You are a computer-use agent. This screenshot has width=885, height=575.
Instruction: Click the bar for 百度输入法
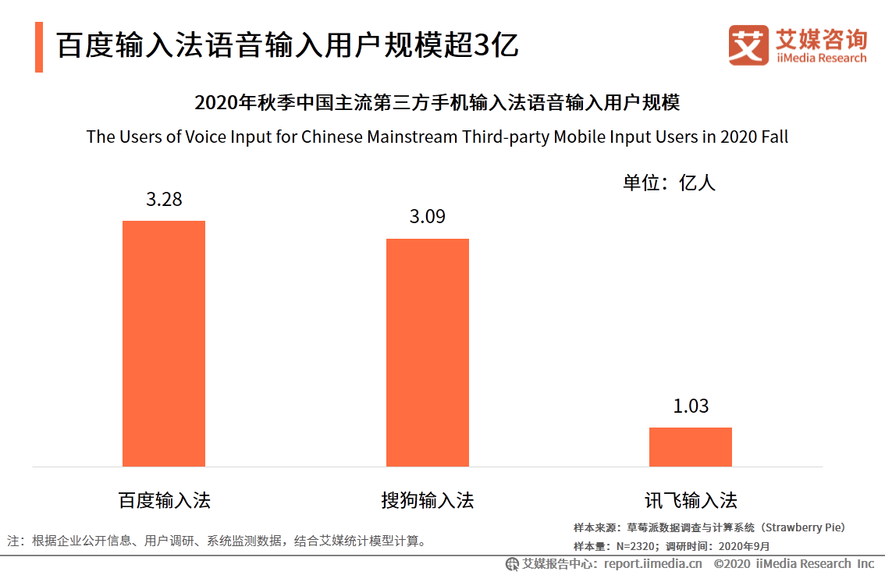(164, 343)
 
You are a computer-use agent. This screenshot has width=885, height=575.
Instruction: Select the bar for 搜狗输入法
(428, 352)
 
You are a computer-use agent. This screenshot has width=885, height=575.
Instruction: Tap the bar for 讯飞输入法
(691, 446)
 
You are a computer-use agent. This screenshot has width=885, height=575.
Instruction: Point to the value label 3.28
(164, 200)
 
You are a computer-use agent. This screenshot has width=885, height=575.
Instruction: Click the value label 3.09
(428, 217)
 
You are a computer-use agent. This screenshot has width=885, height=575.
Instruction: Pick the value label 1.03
(691, 406)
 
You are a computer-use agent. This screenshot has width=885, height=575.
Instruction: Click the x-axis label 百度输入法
(164, 500)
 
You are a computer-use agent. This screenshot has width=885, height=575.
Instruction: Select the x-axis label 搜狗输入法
(428, 500)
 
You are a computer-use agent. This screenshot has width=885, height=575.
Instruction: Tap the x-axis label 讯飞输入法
(691, 500)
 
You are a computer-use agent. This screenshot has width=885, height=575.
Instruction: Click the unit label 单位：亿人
(669, 183)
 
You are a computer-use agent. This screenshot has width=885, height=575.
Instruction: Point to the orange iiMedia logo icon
(748, 45)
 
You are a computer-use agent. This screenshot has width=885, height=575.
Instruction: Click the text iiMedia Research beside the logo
(821, 59)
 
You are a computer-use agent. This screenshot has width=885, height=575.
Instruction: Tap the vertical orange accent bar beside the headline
(39, 47)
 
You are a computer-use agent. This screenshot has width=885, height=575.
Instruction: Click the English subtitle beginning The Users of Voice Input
(437, 137)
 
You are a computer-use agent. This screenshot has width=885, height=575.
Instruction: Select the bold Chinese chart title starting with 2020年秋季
(437, 103)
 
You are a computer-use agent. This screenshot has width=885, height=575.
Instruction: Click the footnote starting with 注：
(218, 541)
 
